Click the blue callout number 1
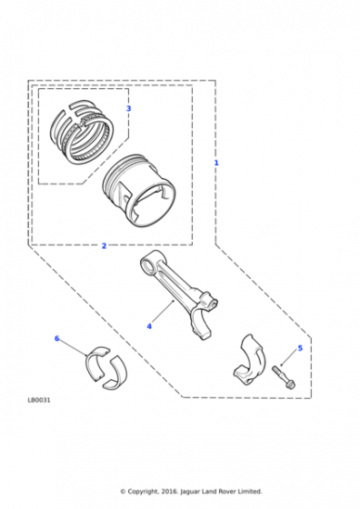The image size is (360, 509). [x=216, y=163]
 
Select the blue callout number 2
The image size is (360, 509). [x=104, y=245]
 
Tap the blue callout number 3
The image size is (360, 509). [x=128, y=108]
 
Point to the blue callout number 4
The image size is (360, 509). [x=149, y=326]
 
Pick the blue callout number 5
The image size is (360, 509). [x=300, y=348]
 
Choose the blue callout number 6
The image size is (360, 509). [x=56, y=338]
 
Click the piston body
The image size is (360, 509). [x=140, y=191]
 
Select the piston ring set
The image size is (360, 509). [x=82, y=132]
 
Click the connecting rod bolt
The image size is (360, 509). [x=284, y=377]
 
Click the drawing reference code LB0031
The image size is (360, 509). [x=39, y=400]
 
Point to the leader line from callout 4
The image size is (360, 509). [x=163, y=311]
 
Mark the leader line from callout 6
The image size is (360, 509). [x=73, y=347]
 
